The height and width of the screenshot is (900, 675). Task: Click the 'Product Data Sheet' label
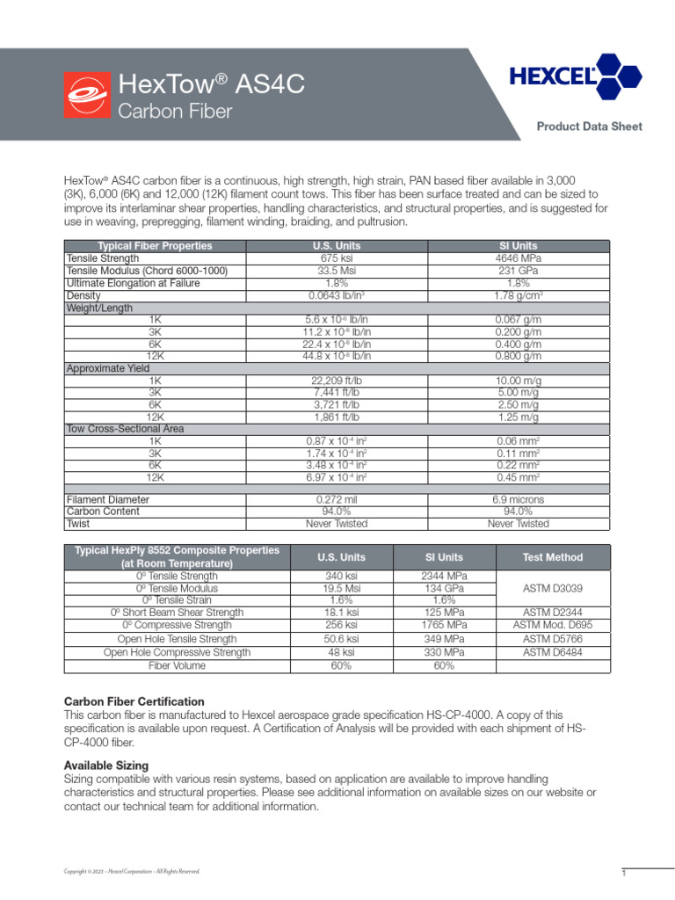click(x=589, y=127)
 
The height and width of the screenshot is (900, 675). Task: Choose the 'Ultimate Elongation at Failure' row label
click(x=134, y=284)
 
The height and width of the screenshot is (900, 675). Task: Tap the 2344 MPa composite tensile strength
click(x=444, y=576)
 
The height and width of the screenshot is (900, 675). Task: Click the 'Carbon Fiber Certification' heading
click(x=134, y=701)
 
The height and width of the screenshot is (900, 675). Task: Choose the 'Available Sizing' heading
click(x=106, y=766)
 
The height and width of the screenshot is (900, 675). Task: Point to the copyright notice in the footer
click(x=132, y=871)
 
